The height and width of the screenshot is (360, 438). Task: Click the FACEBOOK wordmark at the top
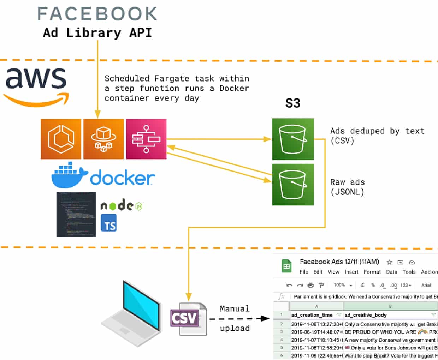pyautogui.click(x=97, y=14)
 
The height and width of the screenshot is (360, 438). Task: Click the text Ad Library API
pyautogui.click(x=97, y=32)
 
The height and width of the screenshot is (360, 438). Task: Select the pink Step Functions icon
pyautogui.click(x=146, y=139)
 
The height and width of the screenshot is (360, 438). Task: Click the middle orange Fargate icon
pyautogui.click(x=103, y=139)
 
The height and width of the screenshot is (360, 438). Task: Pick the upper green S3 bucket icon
pyautogui.click(x=293, y=139)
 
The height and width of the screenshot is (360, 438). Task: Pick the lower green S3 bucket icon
pyautogui.click(x=293, y=184)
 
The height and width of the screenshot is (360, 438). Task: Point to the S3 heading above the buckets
pyautogui.click(x=292, y=103)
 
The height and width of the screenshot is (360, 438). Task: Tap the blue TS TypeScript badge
pyautogui.click(x=109, y=223)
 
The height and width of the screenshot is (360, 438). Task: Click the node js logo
pyautogui.click(x=122, y=205)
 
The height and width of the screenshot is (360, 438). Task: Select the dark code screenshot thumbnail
pyautogui.click(x=76, y=214)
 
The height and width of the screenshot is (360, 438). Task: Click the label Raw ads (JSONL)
pyautogui.click(x=348, y=187)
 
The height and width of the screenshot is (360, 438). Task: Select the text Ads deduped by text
pyautogui.click(x=377, y=131)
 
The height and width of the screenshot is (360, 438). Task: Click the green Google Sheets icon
pyautogui.click(x=286, y=266)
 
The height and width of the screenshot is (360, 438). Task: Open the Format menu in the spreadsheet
pyautogui.click(x=372, y=272)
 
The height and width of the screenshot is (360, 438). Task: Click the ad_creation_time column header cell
pyautogui.click(x=312, y=315)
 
